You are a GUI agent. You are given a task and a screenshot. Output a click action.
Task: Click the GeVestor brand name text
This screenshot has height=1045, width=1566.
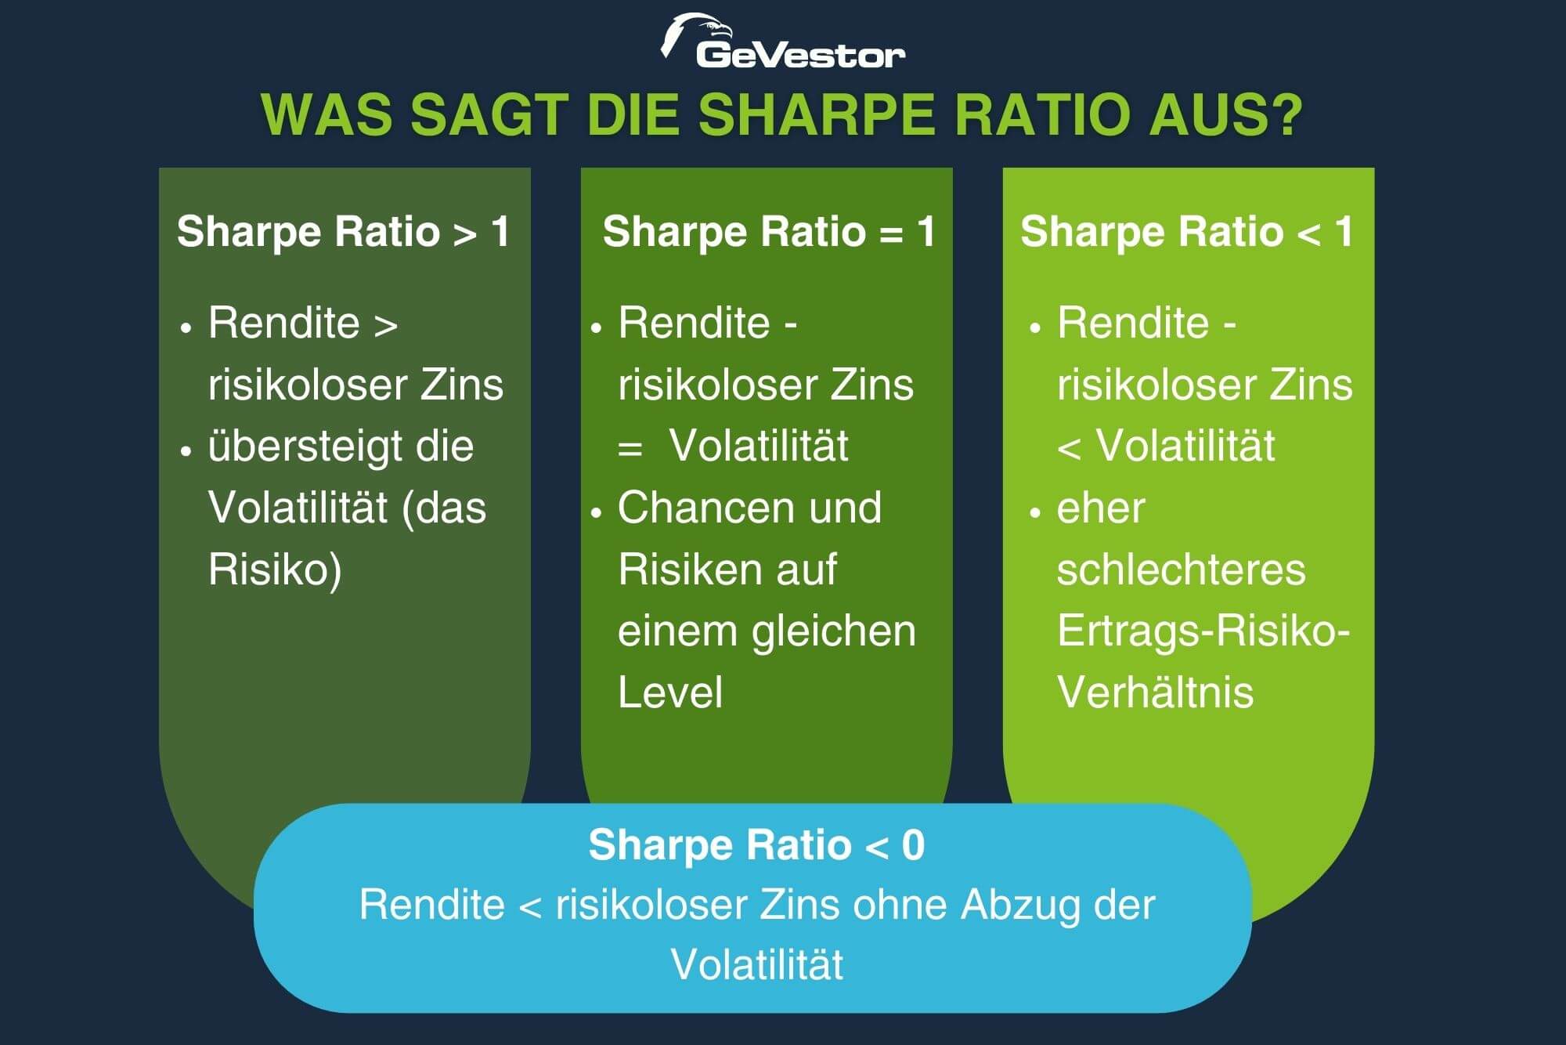pyautogui.click(x=800, y=55)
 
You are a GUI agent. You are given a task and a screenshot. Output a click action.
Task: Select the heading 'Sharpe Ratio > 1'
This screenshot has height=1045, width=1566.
pyautogui.click(x=344, y=232)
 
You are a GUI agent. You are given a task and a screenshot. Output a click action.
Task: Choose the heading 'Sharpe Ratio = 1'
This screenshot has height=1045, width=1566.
pyautogui.click(x=769, y=232)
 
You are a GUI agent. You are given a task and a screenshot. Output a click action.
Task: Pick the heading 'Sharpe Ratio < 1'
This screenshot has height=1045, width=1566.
pyautogui.click(x=1187, y=232)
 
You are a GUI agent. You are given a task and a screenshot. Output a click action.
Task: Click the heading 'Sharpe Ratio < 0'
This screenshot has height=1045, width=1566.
pyautogui.click(x=756, y=845)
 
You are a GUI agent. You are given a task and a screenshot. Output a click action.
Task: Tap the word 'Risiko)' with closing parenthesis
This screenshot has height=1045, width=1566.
pyautogui.click(x=275, y=570)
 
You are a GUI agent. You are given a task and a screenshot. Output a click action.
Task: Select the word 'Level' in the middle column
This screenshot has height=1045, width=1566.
pyautogui.click(x=670, y=692)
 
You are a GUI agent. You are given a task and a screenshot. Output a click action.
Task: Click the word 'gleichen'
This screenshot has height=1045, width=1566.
pyautogui.click(x=834, y=631)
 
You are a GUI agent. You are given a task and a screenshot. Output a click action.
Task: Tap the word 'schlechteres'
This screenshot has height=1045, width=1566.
pyautogui.click(x=1181, y=570)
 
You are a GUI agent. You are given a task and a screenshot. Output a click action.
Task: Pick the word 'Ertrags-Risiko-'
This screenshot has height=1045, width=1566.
pyautogui.click(x=1203, y=631)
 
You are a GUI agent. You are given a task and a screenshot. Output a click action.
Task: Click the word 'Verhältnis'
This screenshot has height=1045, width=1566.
pyautogui.click(x=1155, y=692)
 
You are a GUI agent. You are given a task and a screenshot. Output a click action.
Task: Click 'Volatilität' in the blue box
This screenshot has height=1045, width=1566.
pyautogui.click(x=756, y=964)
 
